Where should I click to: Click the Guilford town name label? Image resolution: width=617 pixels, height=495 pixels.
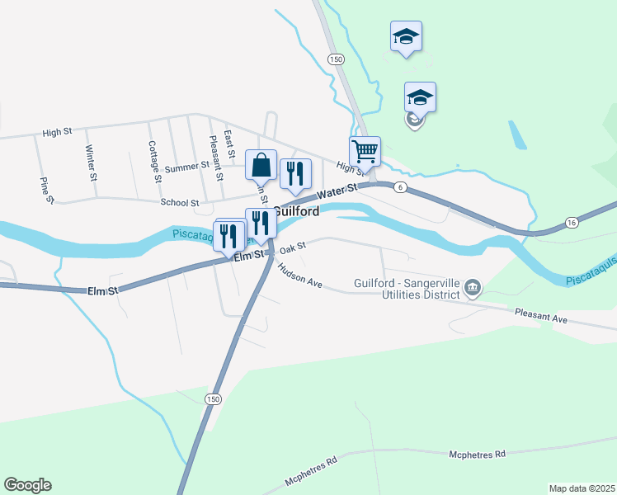pos(296,211)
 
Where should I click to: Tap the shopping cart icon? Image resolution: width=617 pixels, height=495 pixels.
pos(365,152)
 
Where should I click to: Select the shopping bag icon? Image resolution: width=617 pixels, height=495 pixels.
pos(261,165)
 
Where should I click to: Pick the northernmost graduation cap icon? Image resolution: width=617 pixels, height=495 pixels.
pos(406,37)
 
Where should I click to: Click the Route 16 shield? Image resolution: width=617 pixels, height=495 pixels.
pos(571,223)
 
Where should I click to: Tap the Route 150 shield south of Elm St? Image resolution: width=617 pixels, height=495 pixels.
pos(213,399)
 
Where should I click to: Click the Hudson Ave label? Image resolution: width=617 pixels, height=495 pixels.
pos(299,276)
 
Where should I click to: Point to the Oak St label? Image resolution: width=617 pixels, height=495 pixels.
pos(292,247)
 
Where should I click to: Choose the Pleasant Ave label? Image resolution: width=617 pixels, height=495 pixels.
pos(541,314)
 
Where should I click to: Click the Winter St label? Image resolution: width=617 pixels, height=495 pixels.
pos(92,163)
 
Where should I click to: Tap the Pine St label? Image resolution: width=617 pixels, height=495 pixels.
pos(48,189)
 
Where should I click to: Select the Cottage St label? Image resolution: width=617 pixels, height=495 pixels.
pos(153,161)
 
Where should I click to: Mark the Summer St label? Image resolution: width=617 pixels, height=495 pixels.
pos(187,167)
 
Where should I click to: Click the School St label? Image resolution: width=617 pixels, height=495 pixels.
pos(180,202)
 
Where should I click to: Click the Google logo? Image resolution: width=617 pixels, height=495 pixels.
pos(27,485)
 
